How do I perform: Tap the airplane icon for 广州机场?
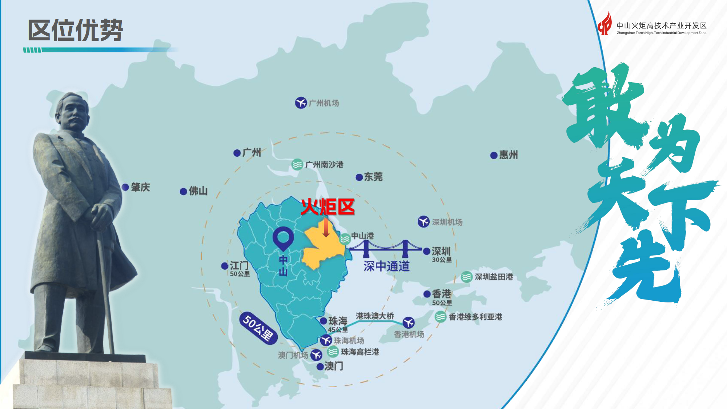[x=301, y=103]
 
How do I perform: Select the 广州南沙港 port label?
[x=324, y=165]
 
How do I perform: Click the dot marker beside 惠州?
[x=494, y=156]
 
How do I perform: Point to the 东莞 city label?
[x=373, y=177]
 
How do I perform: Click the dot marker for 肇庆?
[x=125, y=187]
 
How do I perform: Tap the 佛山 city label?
[x=198, y=191]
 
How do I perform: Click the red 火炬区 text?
[x=328, y=207]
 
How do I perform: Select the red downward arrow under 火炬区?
[x=326, y=228]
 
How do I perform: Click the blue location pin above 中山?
[x=283, y=238]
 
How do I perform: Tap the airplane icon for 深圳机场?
[x=423, y=221]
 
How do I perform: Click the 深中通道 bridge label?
[x=386, y=266]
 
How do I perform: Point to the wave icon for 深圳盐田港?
[x=467, y=277]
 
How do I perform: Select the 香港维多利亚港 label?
[x=475, y=317]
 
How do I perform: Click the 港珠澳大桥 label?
[x=374, y=316]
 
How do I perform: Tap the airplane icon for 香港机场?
[x=409, y=322]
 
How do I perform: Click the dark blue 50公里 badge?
[x=258, y=328]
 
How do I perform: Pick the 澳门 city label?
[x=334, y=366]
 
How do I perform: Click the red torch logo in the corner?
[x=605, y=24]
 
